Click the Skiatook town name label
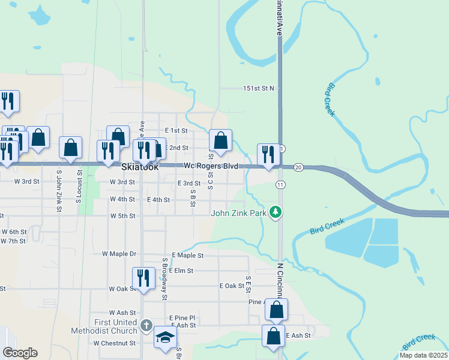140,167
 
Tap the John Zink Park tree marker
276,212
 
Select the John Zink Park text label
238,212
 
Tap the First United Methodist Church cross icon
146,326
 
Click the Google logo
20,353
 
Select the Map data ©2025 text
423,355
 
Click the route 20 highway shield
299,167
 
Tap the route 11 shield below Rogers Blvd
280,183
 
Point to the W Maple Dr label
119,254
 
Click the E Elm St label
181,271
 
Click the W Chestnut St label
115,343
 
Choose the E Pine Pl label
183,317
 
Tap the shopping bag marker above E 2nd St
221,142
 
